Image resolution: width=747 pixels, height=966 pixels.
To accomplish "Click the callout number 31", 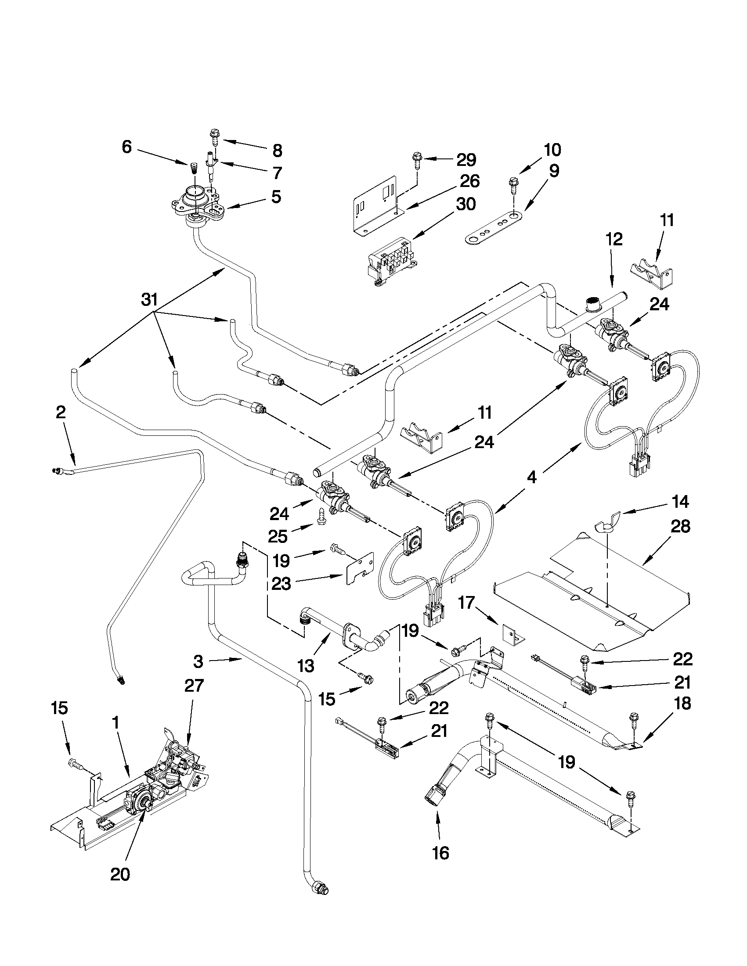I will click(149, 300).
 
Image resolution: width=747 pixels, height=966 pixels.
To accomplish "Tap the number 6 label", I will click(127, 147).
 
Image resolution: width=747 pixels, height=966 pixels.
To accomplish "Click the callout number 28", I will click(680, 527).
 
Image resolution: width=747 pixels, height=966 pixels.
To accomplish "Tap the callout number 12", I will click(615, 240).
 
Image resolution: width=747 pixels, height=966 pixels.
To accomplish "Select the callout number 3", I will click(198, 662).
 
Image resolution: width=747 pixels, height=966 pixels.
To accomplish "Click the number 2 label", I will click(61, 413).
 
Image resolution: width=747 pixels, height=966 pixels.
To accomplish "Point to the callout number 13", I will click(306, 665).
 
